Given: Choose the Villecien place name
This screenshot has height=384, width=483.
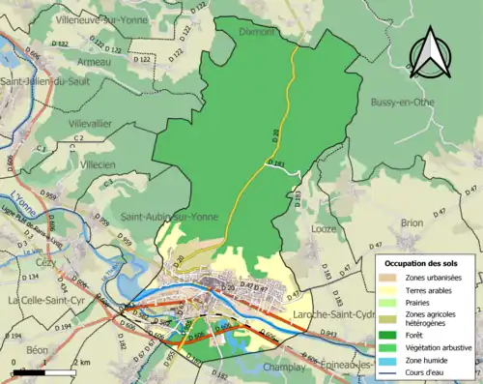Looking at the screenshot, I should (97, 165).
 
